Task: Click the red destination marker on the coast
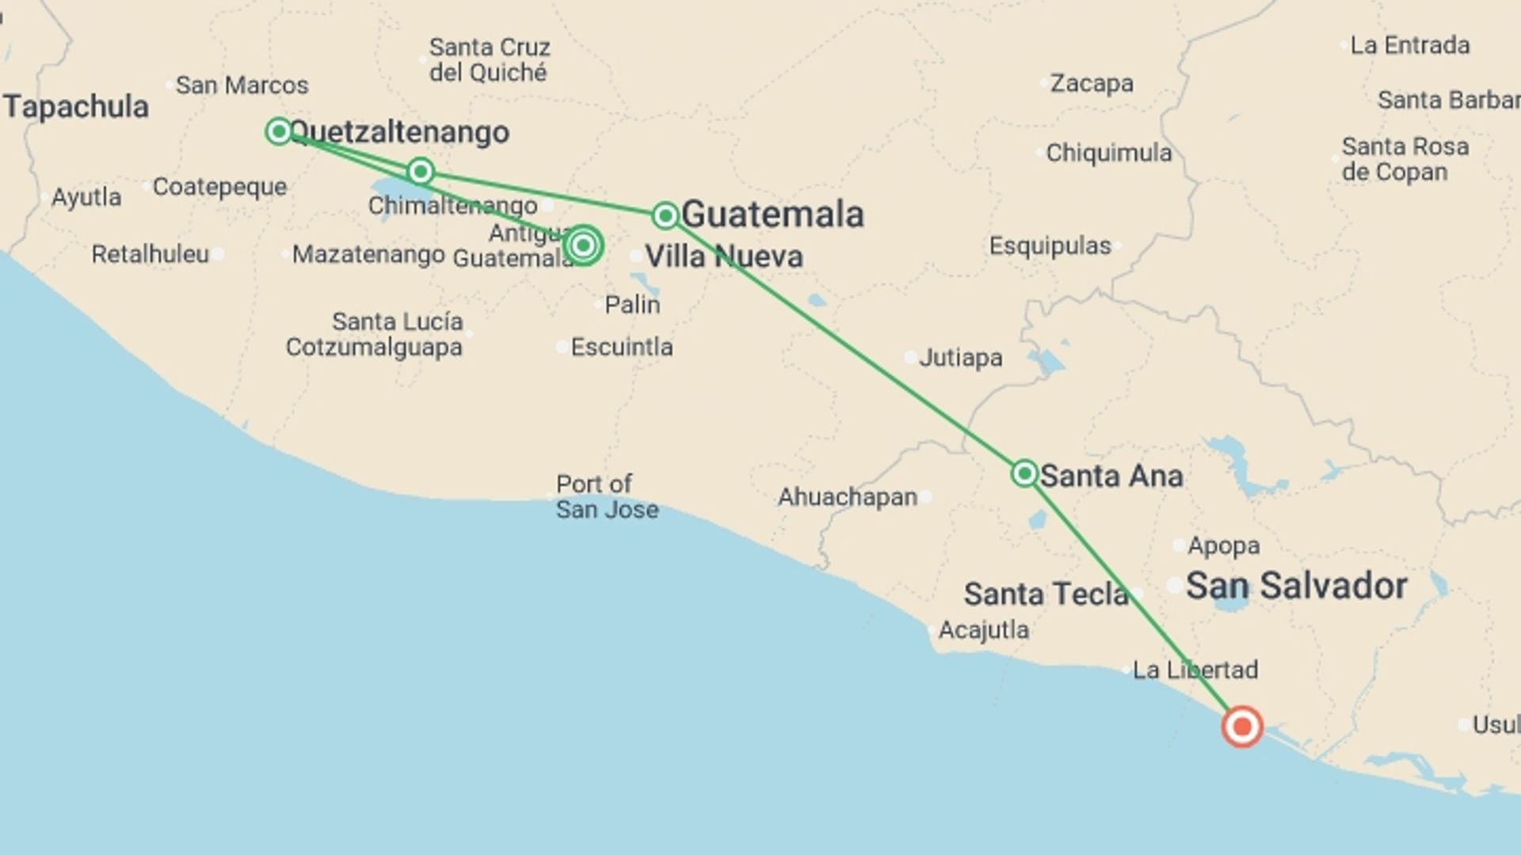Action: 1241,726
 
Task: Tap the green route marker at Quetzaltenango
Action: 279,131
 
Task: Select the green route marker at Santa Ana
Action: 1024,473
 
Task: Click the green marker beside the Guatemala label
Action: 665,215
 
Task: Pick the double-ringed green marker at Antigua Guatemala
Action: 583,245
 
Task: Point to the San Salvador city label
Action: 1296,587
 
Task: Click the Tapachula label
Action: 76,107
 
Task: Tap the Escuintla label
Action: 621,347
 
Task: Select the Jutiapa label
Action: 960,358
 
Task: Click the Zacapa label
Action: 1091,83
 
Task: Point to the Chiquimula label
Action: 1108,153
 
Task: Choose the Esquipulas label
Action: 1050,246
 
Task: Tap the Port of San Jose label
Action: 607,496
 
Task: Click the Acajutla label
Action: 983,630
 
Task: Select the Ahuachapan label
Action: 847,497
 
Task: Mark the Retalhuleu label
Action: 150,254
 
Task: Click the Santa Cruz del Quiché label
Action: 489,60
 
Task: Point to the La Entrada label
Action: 1409,45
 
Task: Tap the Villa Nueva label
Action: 723,256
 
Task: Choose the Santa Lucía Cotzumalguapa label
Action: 374,334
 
